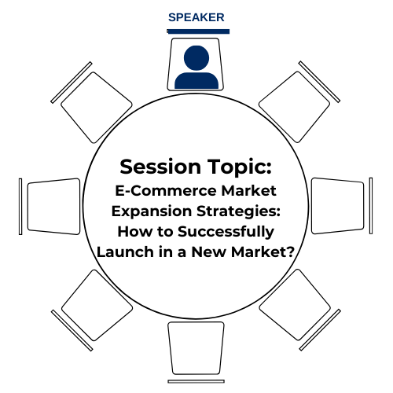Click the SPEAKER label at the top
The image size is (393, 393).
[196, 17]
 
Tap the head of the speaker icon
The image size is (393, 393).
[196, 58]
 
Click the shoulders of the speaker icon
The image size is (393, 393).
[196, 80]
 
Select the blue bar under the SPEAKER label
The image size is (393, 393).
[198, 31]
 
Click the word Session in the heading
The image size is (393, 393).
[160, 167]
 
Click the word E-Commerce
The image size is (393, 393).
[166, 191]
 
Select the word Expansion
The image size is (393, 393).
[152, 211]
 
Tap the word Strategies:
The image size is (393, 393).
[238, 211]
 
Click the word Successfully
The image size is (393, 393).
[226, 232]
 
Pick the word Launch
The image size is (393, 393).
[126, 252]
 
